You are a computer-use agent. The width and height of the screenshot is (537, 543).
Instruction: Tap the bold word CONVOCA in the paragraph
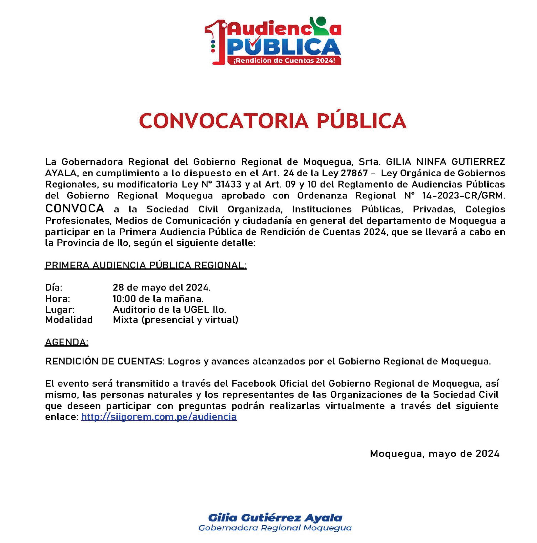75,209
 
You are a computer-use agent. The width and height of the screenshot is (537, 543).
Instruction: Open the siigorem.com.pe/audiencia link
159,416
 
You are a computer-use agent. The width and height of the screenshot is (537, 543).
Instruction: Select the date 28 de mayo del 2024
162,287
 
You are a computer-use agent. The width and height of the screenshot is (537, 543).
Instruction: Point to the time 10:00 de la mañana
158,299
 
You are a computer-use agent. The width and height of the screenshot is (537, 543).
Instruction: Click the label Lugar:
60,309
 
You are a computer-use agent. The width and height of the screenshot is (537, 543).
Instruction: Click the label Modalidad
69,320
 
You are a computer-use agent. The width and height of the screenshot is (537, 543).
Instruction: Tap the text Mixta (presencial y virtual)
176,320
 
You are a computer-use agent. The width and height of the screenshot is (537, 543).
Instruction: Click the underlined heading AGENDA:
66,342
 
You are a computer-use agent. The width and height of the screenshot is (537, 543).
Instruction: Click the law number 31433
228,184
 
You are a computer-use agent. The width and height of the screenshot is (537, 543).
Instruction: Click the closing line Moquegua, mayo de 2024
434,454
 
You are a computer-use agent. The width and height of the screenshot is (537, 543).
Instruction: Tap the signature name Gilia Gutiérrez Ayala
275,518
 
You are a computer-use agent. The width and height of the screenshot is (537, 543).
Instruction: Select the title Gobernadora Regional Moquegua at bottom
275,528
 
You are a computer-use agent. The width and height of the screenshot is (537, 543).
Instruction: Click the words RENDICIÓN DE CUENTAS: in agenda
105,361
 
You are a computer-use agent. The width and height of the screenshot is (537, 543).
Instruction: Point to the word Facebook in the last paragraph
254,383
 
